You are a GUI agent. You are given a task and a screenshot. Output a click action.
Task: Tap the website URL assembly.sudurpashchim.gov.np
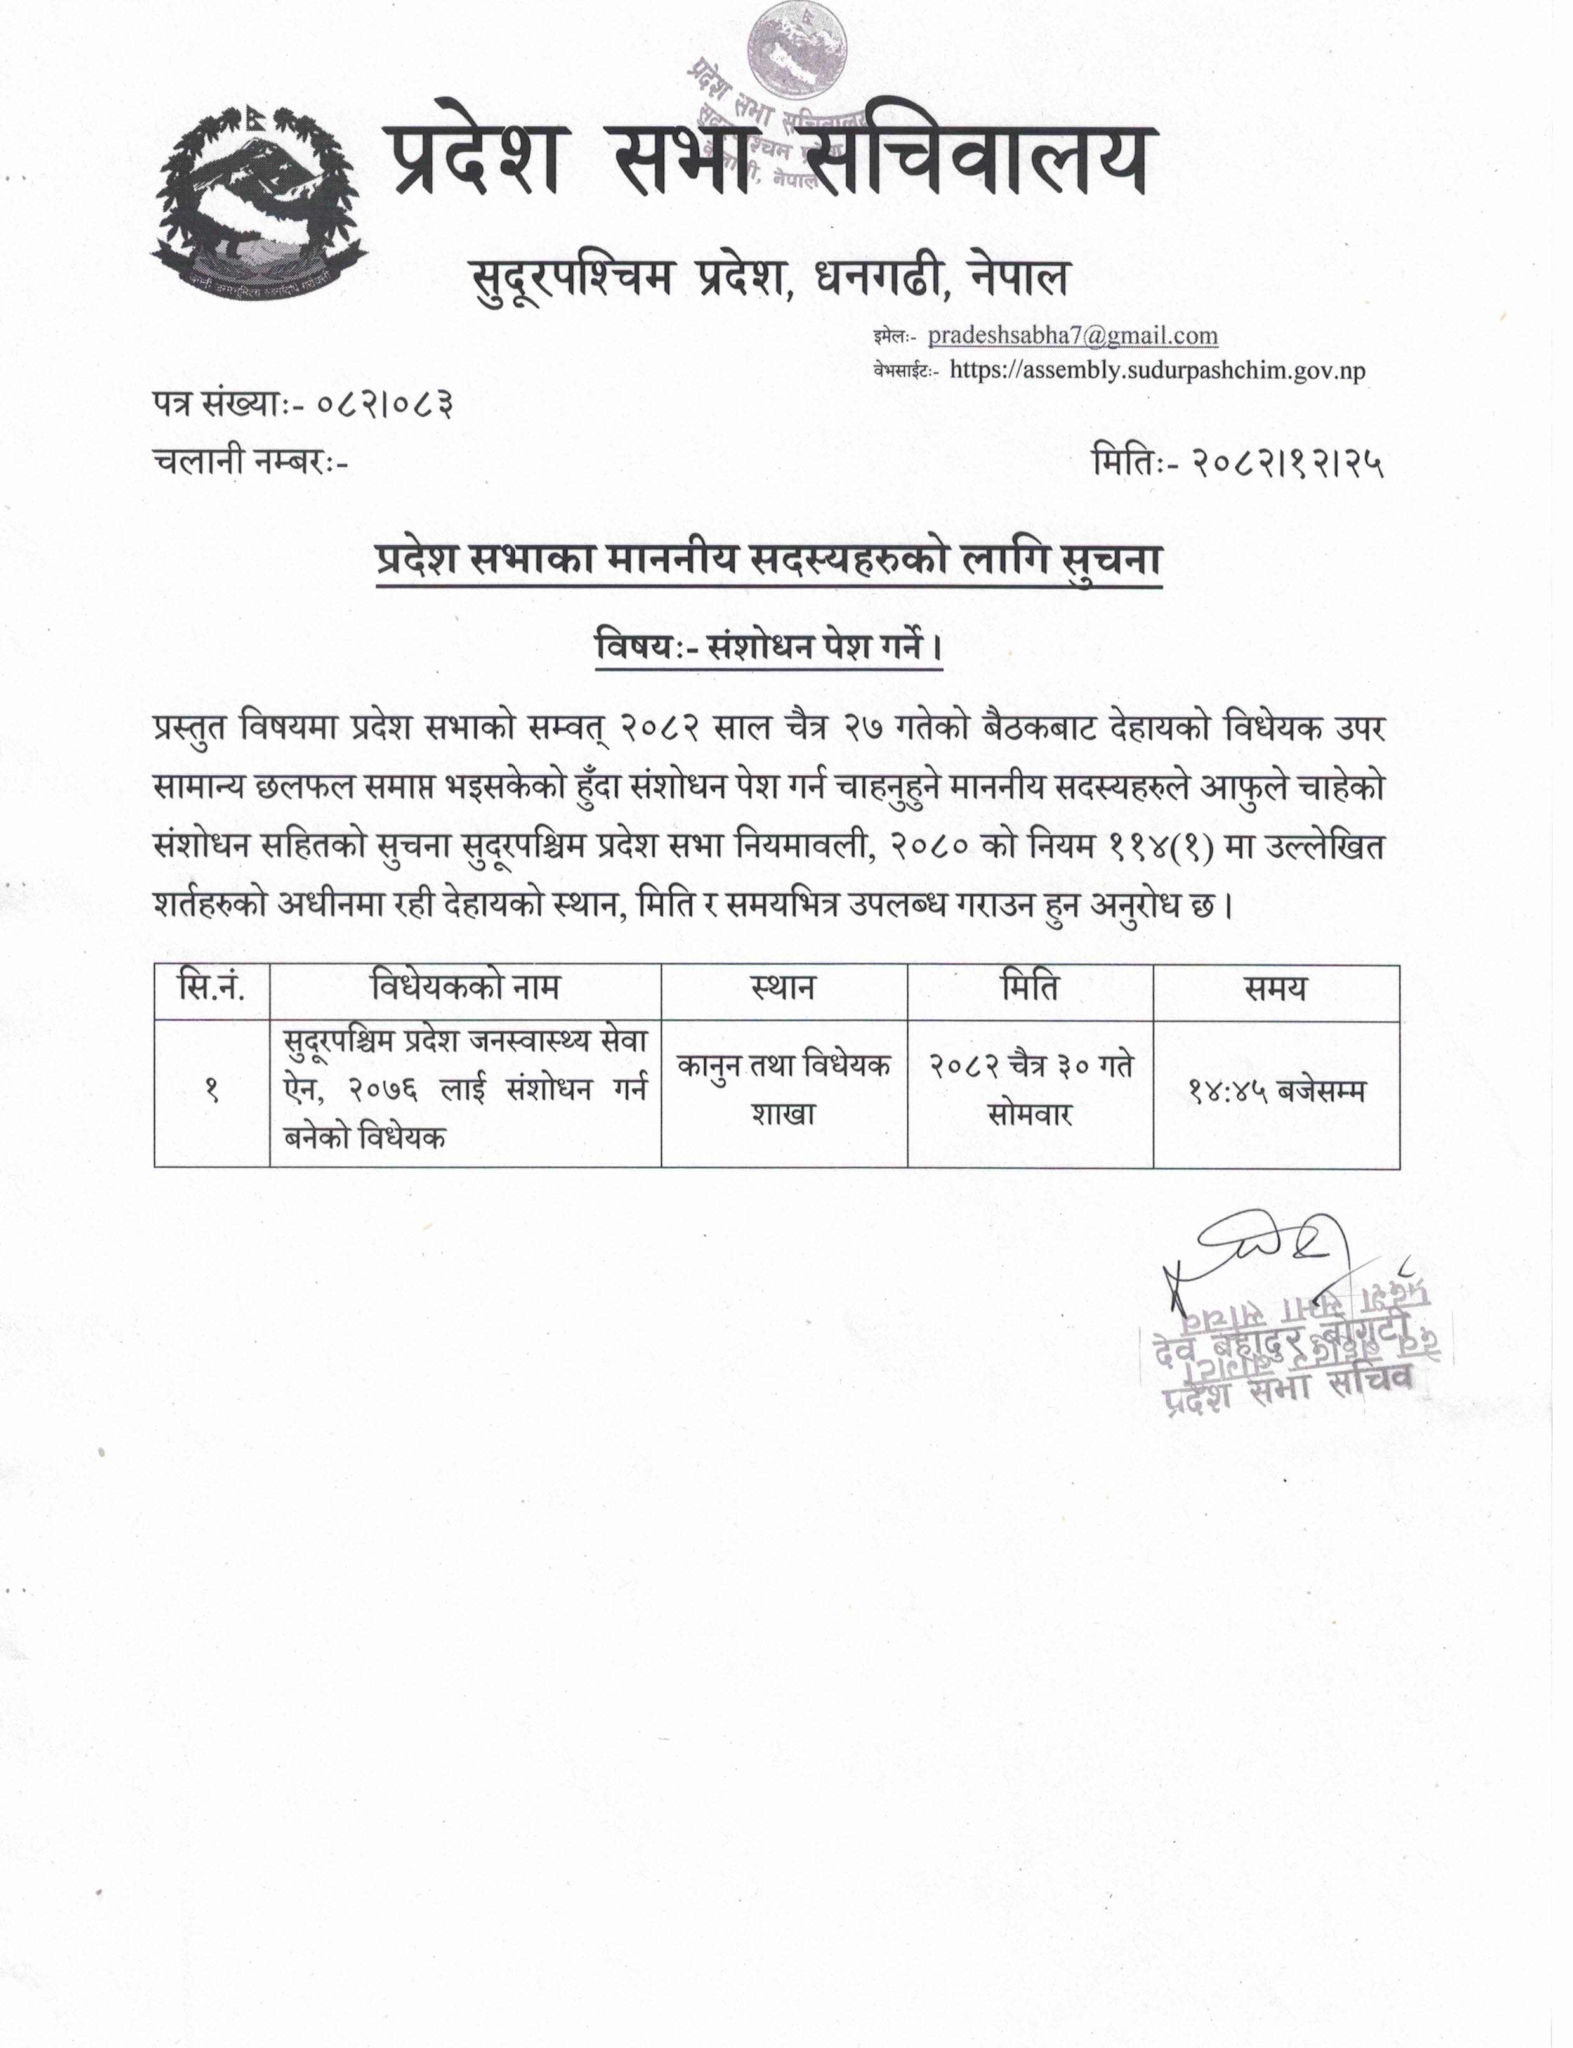[x=1157, y=370]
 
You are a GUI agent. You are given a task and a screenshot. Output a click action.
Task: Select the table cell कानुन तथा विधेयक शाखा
[x=784, y=1092]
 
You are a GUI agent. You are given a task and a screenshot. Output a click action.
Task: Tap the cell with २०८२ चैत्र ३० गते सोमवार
[x=1030, y=1092]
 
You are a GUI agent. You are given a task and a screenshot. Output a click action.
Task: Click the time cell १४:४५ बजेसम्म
[x=1275, y=1092]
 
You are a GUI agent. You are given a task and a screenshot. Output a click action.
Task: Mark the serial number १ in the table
[x=211, y=1092]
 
